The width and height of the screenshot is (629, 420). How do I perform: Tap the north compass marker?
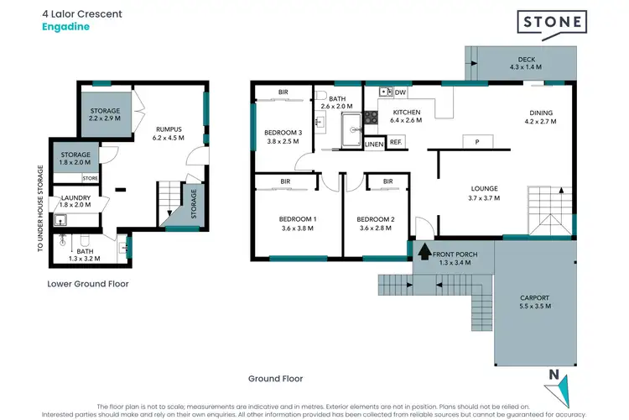pos(554,384)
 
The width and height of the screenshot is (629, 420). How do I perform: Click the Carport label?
pos(534,297)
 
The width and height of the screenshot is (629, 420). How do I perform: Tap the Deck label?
pos(525,60)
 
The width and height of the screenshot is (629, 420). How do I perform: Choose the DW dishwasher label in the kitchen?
pos(400,92)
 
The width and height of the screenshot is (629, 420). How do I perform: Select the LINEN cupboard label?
pos(374,144)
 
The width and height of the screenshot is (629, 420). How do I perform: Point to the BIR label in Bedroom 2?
pos(388,181)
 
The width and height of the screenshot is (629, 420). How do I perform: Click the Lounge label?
pos(484,188)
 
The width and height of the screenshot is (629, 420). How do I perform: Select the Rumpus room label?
pos(168,129)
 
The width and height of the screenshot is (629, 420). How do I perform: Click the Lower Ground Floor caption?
pos(87,284)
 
